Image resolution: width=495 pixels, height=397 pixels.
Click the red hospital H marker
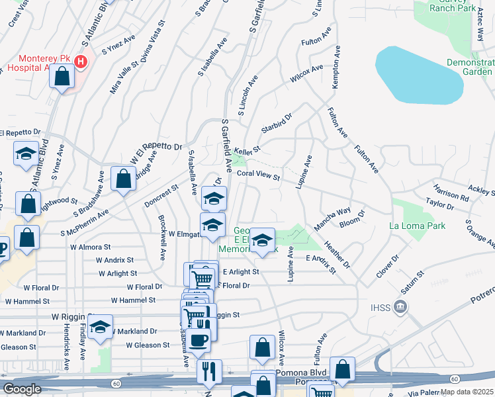pyautogui.click(x=81, y=62)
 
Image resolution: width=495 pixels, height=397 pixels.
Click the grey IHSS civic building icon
pyautogui.click(x=400, y=306)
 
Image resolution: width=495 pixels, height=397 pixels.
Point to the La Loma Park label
pyautogui.click(x=417, y=226)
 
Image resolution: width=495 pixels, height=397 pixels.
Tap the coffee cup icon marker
pyautogui.click(x=198, y=340)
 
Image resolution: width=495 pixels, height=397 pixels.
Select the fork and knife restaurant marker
pyautogui.click(x=209, y=371)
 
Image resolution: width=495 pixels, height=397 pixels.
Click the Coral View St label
pyautogui.click(x=259, y=175)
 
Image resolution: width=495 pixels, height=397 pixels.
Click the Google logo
pyautogui.click(x=22, y=389)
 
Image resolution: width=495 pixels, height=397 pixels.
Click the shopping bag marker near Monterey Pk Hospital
pyautogui.click(x=62, y=77)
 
